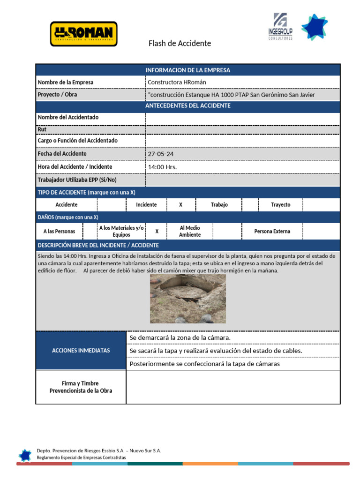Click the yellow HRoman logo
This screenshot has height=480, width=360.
[x=83, y=34]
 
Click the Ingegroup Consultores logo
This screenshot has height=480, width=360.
[x=280, y=27]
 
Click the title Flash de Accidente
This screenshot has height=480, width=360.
[x=180, y=44]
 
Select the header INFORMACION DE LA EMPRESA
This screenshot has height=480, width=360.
[x=188, y=70]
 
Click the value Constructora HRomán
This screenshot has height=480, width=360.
[x=177, y=82]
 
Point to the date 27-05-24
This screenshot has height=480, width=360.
[x=158, y=154]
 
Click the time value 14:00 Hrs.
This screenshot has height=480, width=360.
[x=162, y=167]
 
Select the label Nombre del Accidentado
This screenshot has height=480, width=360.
[x=68, y=117]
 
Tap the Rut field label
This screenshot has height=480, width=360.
[x=42, y=129]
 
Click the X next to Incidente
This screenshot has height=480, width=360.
[x=181, y=205]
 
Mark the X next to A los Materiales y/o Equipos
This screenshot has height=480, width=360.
[x=157, y=232]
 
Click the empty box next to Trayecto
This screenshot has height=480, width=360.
[x=321, y=205]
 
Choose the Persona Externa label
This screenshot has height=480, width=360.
[x=272, y=232]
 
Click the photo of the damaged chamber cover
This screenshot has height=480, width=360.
[x=188, y=299]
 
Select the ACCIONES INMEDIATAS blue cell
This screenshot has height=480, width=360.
[x=81, y=351]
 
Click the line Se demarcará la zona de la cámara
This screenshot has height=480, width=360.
[x=180, y=338]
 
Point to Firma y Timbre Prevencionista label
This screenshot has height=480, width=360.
[x=81, y=387]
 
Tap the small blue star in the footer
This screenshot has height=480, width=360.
[x=25, y=455]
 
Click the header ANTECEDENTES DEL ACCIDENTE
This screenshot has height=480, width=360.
[x=188, y=106]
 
